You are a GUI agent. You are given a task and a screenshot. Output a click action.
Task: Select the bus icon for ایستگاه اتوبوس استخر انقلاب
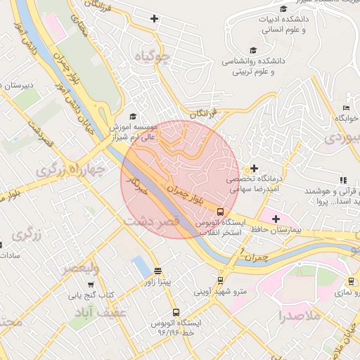tap(220, 212)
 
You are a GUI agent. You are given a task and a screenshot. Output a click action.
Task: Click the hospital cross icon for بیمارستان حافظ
tap(276, 219)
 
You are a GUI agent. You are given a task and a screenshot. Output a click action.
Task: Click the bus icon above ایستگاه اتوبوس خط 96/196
tap(175, 311)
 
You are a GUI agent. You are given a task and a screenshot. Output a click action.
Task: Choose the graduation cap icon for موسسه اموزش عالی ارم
tap(133, 117)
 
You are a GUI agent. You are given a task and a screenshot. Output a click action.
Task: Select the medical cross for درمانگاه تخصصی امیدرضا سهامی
tap(253, 169)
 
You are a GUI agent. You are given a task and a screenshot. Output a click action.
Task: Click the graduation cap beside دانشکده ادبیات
tap(283, 9)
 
